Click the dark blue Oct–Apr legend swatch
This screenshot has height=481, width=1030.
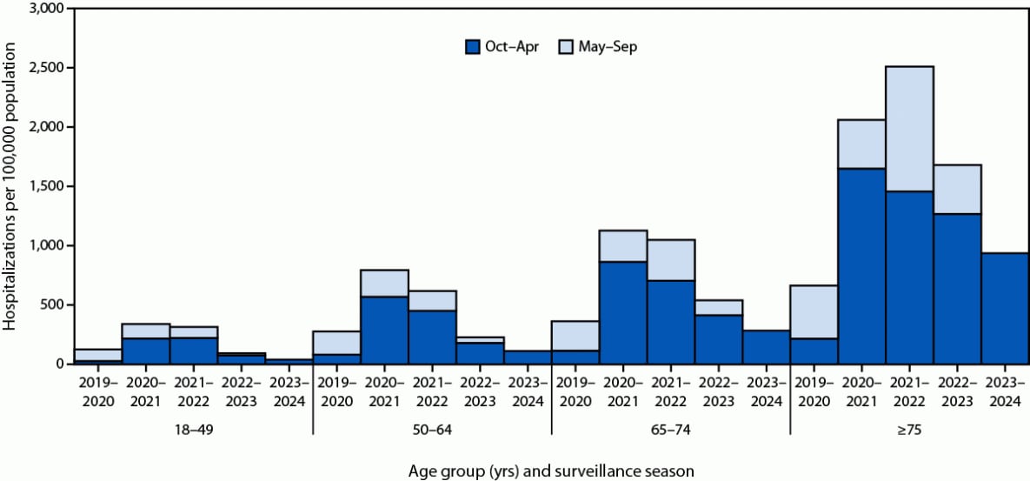[474, 47]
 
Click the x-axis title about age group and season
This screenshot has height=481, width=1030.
[551, 471]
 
